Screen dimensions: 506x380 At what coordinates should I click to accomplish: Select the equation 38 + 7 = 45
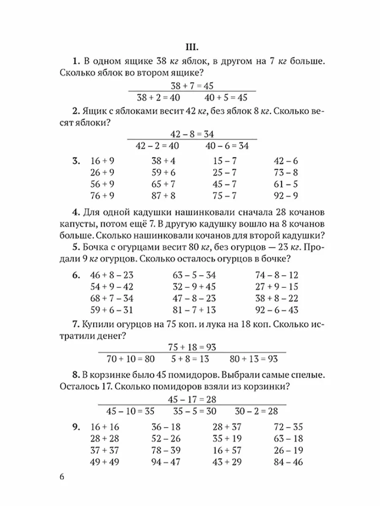[192, 86]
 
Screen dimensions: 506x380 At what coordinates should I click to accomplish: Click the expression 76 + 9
[103, 195]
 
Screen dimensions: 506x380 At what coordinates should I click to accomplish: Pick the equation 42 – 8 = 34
[192, 134]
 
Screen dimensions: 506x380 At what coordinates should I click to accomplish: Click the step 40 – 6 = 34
[227, 146]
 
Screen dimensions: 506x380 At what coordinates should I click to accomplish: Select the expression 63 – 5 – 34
[194, 275]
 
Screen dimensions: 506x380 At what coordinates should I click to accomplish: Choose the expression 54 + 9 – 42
[112, 287]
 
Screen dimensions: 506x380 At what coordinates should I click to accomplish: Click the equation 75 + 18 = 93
[192, 347]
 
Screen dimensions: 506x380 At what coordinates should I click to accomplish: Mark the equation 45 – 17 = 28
[192, 399]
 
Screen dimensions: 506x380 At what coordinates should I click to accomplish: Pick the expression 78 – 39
[166, 450]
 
